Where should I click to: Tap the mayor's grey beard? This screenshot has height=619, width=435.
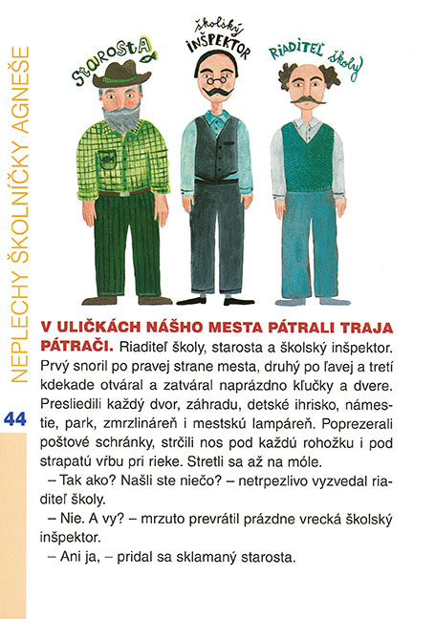[122, 117]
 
